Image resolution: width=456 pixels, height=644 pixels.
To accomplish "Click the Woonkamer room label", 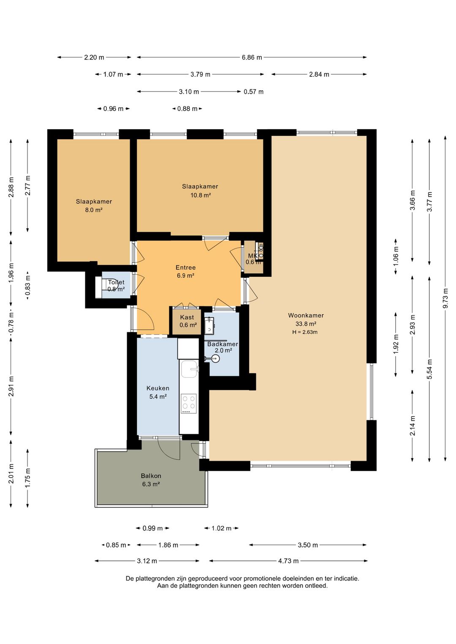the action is (306, 315).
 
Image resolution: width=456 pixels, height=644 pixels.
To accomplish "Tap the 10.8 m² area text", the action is (200, 195).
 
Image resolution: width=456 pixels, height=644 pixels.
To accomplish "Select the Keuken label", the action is (157, 388).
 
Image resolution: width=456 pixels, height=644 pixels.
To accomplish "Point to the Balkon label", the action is (151, 476).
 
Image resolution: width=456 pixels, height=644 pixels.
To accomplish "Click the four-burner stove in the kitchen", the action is (189, 403).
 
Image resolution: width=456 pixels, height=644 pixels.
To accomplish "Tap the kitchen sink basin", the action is (189, 369).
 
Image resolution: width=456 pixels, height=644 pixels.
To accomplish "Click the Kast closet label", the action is (187, 317).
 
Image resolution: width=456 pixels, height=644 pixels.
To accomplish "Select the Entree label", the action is (185, 268).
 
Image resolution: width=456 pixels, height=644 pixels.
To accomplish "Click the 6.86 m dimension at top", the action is (252, 57).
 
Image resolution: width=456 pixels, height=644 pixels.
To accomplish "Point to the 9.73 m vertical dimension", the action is (445, 298).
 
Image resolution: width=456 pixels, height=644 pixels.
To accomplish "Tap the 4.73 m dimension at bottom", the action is (288, 561).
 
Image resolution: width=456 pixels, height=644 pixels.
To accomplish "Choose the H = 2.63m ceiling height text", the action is (305, 332).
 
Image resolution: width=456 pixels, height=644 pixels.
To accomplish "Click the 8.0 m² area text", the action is (94, 210).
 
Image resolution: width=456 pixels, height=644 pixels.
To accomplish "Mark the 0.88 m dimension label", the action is (187, 109).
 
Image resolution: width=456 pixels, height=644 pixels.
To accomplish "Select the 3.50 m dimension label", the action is (307, 545).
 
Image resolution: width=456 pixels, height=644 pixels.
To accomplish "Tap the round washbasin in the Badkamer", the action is (214, 359).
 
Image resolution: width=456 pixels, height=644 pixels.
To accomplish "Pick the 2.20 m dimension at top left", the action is (94, 57).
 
